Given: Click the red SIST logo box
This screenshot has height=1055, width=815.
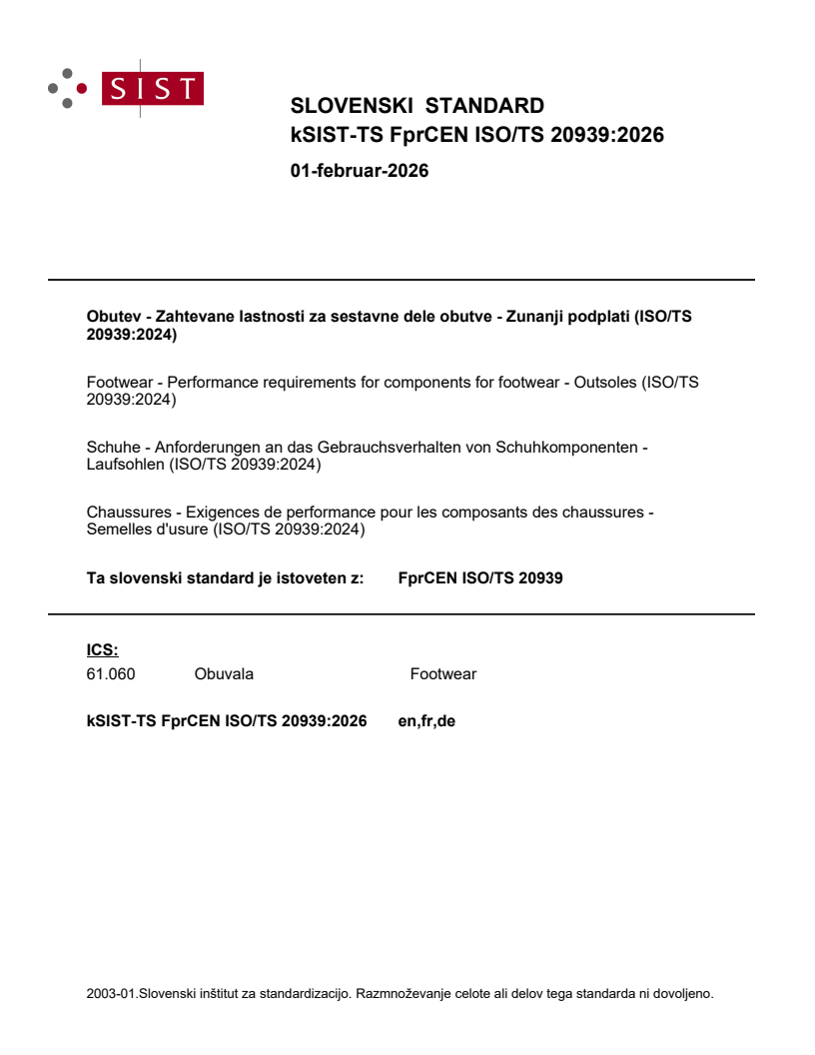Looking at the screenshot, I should point(154,88).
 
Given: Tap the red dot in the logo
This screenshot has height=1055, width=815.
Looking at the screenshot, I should point(82,88).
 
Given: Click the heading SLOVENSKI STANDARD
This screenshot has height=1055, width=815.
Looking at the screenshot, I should point(416,106).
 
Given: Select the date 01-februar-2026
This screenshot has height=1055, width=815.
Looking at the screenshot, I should point(359,171).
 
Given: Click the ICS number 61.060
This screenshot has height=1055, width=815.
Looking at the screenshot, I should point(111,674).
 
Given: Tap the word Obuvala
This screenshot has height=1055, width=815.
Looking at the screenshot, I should point(224,674).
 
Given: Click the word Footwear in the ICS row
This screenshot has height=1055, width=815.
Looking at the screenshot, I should point(442,674).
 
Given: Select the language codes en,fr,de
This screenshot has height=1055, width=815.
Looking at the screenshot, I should point(426,721).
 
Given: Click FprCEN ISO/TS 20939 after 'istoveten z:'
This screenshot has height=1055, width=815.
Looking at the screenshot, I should point(479,577).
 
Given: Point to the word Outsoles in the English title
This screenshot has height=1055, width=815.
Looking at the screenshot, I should point(604,383).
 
